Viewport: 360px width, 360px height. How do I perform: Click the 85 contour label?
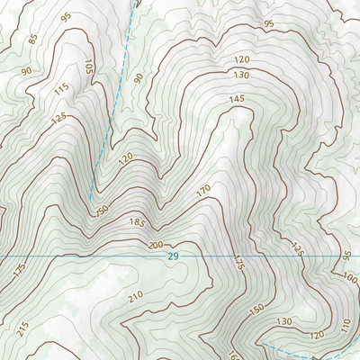pos(34,39)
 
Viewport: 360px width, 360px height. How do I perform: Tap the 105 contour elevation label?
pos(88,67)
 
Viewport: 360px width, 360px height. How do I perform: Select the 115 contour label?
pos(61,89)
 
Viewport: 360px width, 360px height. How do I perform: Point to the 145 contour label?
pos(237,99)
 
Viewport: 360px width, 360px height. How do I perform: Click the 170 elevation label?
pos(202,190)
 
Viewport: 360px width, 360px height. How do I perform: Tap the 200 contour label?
pos(156,245)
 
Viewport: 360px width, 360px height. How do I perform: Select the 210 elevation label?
pos(136,296)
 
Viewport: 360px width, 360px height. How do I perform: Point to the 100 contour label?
pos(349,279)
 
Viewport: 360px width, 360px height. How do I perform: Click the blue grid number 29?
pos(173,257)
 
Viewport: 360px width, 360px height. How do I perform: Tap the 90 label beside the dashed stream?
pos(139,78)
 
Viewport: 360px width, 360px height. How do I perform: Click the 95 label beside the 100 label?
pos(347,256)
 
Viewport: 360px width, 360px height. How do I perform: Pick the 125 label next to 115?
pos(58,119)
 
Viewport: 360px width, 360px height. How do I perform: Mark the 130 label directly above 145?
pos(241,74)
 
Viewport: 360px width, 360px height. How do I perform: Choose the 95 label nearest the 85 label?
pos(66,17)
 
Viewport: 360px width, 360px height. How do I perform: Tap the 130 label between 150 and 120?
pos(285,320)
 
